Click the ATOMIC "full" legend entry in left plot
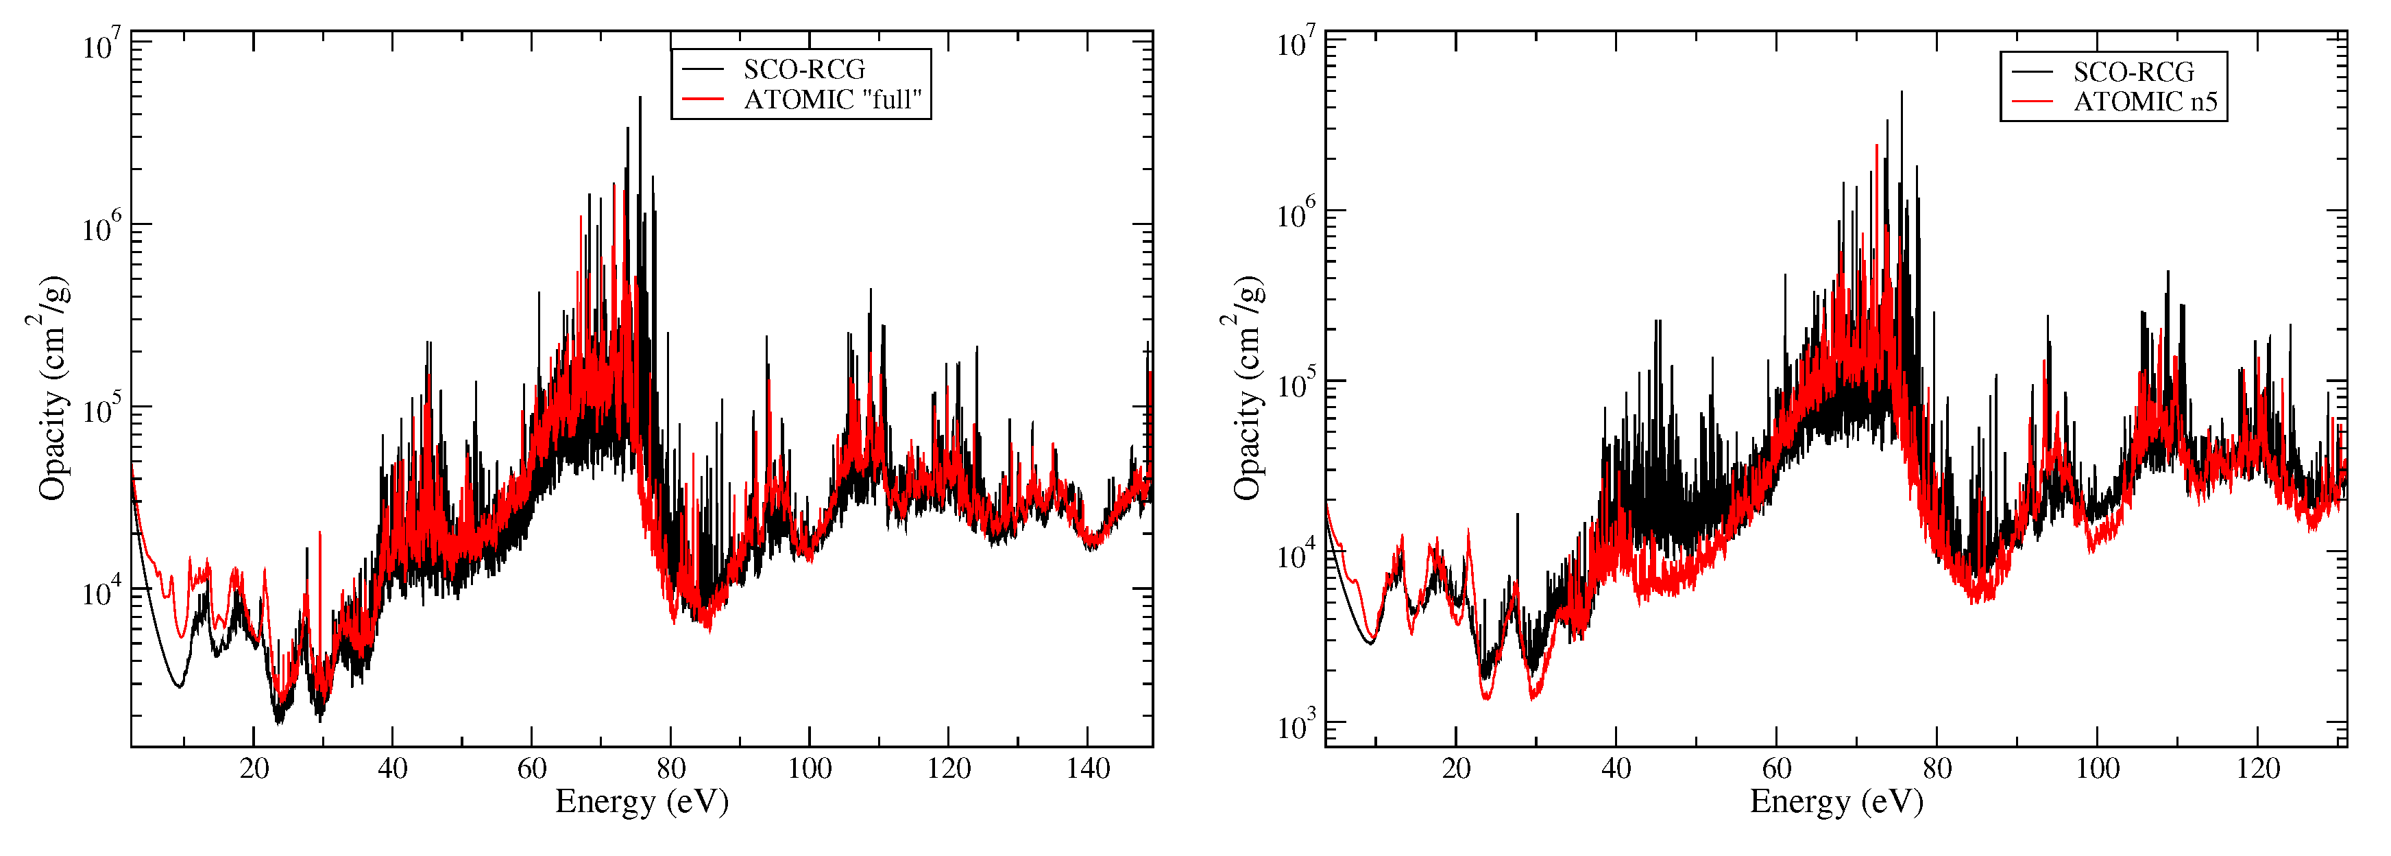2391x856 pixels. click(832, 99)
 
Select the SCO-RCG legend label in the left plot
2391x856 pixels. click(804, 70)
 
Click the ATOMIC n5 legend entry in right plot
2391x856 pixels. click(2145, 102)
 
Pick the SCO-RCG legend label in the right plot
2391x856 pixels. click(2134, 73)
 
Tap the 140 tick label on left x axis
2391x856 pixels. click(1088, 769)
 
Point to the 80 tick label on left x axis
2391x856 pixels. click(670, 769)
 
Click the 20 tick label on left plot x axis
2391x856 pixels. click(254, 769)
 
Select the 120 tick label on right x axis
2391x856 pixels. click(2258, 769)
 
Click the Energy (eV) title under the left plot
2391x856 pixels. click(642, 801)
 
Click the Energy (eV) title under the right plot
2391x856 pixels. click(1836, 801)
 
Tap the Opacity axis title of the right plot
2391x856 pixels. click(1246, 388)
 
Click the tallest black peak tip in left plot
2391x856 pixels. click(640, 97)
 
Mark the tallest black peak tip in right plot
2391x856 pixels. click(1901, 92)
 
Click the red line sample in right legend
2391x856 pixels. click(2032, 102)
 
